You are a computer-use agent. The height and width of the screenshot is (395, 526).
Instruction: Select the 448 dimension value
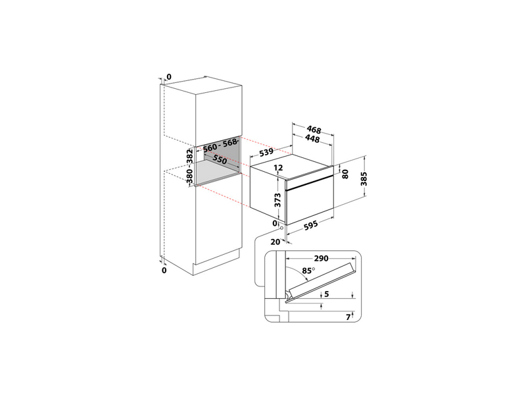(x=312, y=139)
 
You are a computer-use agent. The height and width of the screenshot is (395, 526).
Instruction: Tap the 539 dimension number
(x=266, y=152)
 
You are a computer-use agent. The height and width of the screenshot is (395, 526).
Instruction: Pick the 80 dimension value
(x=346, y=174)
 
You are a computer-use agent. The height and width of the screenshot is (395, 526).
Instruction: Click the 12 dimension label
(x=277, y=169)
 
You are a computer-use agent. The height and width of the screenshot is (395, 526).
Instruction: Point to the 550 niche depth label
(x=220, y=161)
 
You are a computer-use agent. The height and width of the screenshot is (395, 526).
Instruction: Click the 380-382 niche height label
(x=189, y=165)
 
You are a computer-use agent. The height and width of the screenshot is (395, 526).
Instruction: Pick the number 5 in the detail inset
(x=326, y=294)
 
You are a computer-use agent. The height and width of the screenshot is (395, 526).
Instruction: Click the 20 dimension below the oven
(x=275, y=242)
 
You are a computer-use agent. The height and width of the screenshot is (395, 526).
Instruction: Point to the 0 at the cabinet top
(x=168, y=78)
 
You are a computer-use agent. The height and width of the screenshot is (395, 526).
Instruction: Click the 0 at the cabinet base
(x=164, y=270)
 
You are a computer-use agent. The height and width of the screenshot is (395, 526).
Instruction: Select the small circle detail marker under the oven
(x=281, y=228)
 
